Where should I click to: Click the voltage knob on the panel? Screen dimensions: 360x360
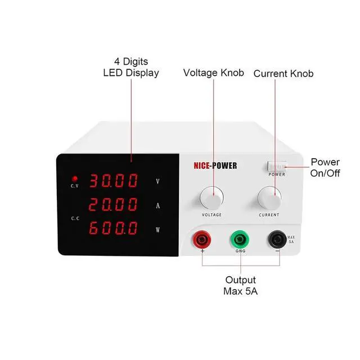211,197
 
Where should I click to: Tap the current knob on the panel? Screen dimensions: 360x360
269,197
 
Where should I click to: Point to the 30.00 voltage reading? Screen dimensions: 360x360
114,181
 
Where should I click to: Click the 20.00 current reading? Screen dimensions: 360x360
114,205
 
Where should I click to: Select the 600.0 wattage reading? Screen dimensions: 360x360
114,228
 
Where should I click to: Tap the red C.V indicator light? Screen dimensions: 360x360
74,178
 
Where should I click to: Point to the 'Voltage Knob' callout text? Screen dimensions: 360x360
213,73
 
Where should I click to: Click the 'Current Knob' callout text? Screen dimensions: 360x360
283,74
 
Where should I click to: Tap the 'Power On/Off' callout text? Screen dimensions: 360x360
325,168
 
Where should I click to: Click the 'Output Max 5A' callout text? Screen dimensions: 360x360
240,285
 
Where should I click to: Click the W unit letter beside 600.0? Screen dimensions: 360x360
158,229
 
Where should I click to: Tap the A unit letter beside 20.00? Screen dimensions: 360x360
158,205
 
